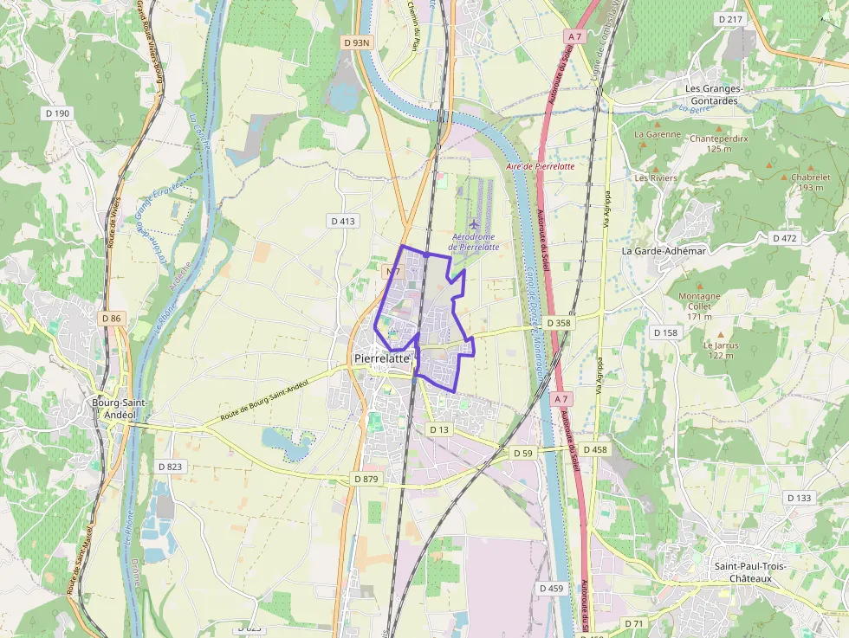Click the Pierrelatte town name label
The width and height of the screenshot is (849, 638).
pyautogui.click(x=381, y=358)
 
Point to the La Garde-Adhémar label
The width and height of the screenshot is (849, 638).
pyautogui.click(x=664, y=250)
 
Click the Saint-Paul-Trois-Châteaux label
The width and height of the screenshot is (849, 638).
pyautogui.click(x=749, y=571)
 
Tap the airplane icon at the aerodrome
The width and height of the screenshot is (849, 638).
pyautogui.click(x=473, y=225)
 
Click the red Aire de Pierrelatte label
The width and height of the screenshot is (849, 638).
pyautogui.click(x=540, y=165)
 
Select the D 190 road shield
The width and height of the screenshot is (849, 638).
pyautogui.click(x=57, y=113)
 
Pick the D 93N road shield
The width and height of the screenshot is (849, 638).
pyautogui.click(x=356, y=42)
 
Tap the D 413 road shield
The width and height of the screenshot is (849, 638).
pyautogui.click(x=343, y=222)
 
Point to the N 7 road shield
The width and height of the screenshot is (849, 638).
pyautogui.click(x=392, y=272)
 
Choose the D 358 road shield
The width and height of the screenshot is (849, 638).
pyautogui.click(x=560, y=323)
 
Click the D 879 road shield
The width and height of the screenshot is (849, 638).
pyautogui.click(x=366, y=479)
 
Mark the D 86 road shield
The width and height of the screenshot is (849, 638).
pyautogui.click(x=112, y=319)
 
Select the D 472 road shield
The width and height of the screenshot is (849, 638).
pyautogui.click(x=785, y=238)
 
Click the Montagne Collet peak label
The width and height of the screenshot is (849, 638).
pyautogui.click(x=699, y=300)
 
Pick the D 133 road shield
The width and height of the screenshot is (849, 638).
pyautogui.click(x=800, y=498)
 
